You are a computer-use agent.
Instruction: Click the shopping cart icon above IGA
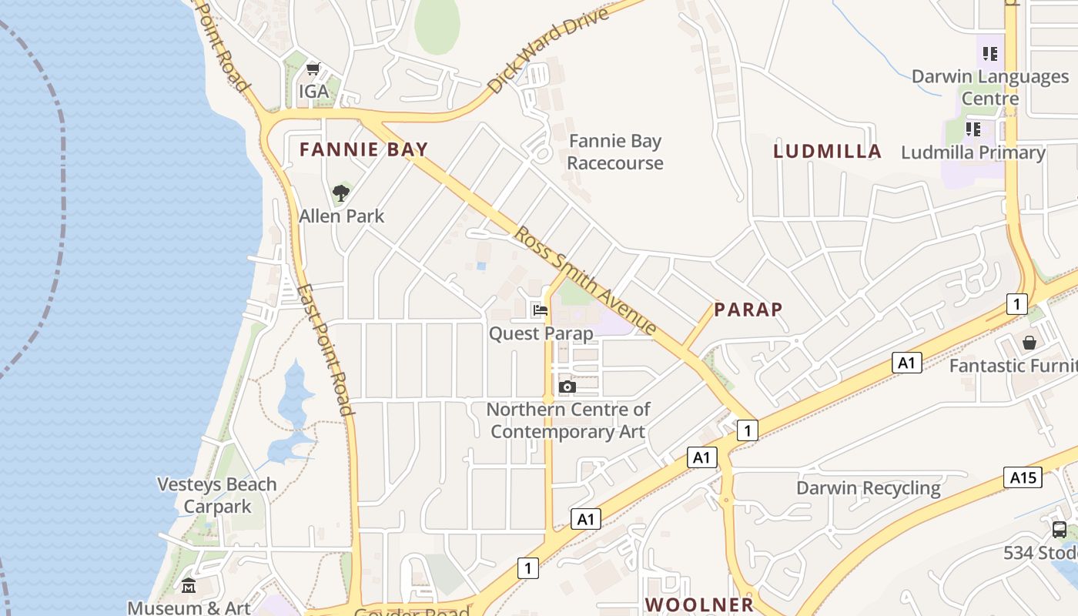[313, 69]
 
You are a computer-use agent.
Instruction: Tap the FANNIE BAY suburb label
[363, 149]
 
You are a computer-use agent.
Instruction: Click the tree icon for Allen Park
[341, 192]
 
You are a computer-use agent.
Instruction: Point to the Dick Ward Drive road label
[547, 49]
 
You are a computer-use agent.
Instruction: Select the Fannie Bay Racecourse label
[614, 152]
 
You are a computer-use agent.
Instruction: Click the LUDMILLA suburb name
[827, 152]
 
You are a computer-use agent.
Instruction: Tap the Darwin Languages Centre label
[990, 87]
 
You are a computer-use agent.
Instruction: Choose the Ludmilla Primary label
[973, 152]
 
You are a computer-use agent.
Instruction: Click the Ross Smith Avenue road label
[585, 280]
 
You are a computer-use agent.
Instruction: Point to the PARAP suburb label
[748, 310]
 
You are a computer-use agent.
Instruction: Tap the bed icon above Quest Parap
[541, 310]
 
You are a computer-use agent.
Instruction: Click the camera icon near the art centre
[567, 387]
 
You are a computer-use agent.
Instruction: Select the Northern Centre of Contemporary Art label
[568, 420]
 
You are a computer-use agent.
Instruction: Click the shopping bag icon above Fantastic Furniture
[1029, 342]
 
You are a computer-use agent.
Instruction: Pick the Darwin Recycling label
[868, 488]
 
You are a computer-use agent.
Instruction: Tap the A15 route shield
[1023, 477]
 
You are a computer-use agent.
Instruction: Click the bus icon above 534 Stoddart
[1060, 530]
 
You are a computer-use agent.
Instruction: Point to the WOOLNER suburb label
[699, 604]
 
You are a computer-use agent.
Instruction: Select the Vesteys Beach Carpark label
[217, 495]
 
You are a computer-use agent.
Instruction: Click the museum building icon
[189, 587]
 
